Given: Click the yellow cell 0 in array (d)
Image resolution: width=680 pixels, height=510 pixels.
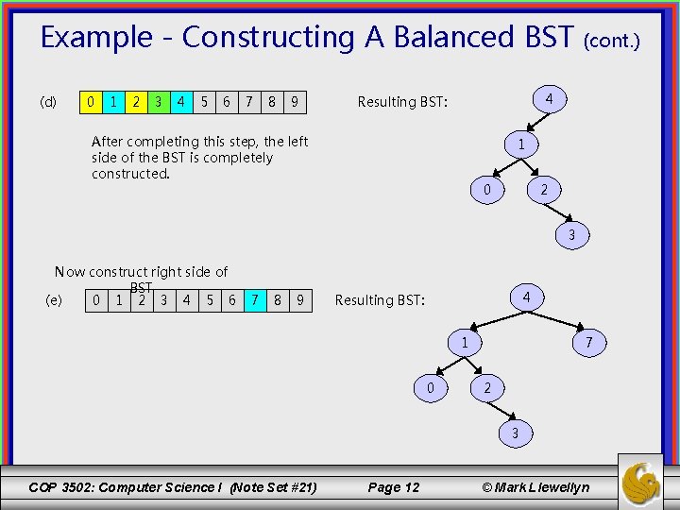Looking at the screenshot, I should [90, 100].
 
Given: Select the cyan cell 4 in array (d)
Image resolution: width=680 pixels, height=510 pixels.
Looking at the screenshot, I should [180, 100].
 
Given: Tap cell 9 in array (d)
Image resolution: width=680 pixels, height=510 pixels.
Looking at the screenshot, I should [296, 100].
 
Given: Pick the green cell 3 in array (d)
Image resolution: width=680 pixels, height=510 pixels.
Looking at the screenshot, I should [158, 100].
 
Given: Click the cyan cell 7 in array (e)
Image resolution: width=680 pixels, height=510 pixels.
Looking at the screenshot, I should [253, 300].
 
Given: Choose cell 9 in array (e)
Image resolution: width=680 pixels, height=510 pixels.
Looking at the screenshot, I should [300, 300].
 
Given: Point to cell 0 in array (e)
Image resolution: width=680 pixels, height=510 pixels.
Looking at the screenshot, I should [95, 300].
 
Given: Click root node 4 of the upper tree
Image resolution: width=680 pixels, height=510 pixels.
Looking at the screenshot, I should [550, 98].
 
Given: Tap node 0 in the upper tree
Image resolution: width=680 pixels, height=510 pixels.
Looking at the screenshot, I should [486, 190].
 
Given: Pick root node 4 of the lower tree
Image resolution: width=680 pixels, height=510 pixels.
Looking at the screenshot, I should [526, 297].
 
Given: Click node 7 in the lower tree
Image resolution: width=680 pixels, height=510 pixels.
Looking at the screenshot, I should [588, 342].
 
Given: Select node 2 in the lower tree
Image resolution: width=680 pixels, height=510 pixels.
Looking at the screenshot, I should [486, 387].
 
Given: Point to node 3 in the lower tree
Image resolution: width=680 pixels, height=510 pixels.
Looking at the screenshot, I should [515, 433].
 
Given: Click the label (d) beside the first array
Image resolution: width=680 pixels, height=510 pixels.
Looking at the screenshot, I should [48, 102].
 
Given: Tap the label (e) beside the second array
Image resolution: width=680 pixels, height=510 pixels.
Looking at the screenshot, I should [54, 300].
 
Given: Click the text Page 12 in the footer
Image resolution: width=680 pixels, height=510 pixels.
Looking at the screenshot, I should [393, 487].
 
